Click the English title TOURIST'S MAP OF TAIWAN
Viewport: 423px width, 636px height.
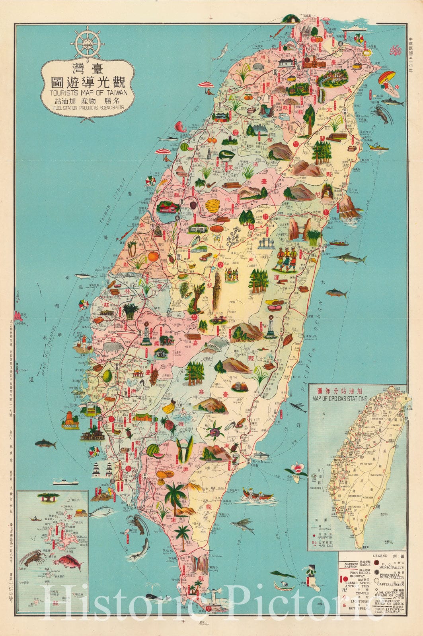tap(88, 94)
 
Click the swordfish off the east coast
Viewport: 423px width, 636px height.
tap(350, 258)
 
